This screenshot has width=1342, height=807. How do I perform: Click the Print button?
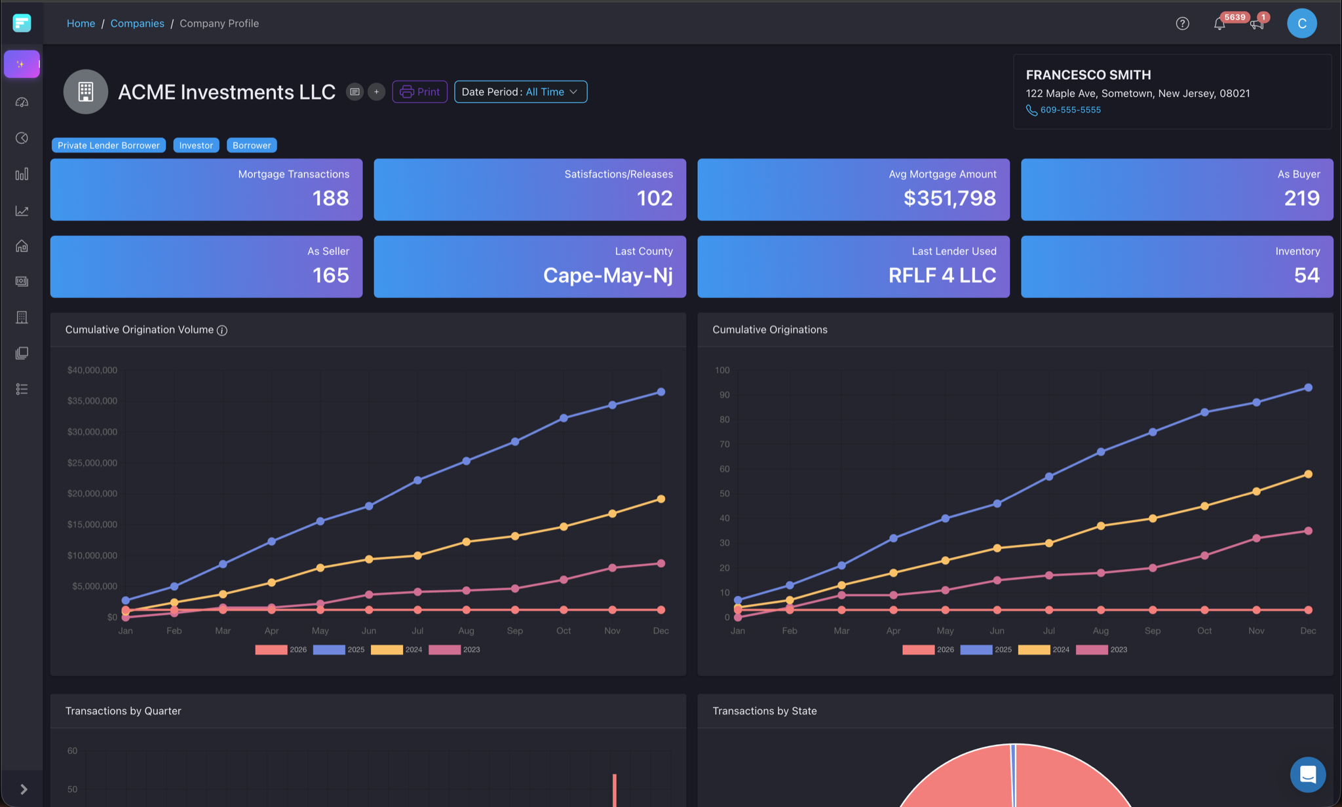pyautogui.click(x=419, y=92)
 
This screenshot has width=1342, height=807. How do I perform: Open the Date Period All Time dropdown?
pyautogui.click(x=520, y=92)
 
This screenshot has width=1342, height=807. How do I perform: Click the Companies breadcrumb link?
pyautogui.click(x=137, y=24)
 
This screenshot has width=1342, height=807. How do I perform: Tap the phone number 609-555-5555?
pyautogui.click(x=1070, y=110)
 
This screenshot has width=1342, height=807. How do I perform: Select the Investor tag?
pyautogui.click(x=196, y=145)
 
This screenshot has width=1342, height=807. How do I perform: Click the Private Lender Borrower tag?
pyautogui.click(x=108, y=145)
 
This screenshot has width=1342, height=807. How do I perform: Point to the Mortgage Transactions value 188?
pyautogui.click(x=330, y=198)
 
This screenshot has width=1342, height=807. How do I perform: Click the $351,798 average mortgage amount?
pyautogui.click(x=949, y=198)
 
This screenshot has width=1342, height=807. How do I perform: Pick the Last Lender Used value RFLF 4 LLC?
pyautogui.click(x=942, y=275)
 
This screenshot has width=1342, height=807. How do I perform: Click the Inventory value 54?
pyautogui.click(x=1307, y=275)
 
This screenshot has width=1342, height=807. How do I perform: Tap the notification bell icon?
pyautogui.click(x=1219, y=24)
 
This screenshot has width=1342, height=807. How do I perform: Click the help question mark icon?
pyautogui.click(x=1182, y=24)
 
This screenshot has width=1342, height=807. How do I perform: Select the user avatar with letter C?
pyautogui.click(x=1301, y=24)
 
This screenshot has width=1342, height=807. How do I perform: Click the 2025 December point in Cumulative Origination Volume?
pyautogui.click(x=661, y=392)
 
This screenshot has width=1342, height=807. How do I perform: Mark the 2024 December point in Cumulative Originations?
pyautogui.click(x=1308, y=474)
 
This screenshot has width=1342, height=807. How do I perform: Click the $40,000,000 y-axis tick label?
pyautogui.click(x=92, y=370)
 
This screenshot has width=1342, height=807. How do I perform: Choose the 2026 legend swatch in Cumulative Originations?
pyautogui.click(x=918, y=650)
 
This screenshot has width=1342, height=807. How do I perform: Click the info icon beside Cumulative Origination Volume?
pyautogui.click(x=222, y=330)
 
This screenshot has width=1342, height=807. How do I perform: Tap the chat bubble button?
pyautogui.click(x=1307, y=774)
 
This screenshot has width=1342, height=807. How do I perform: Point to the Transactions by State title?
pyautogui.click(x=764, y=711)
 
